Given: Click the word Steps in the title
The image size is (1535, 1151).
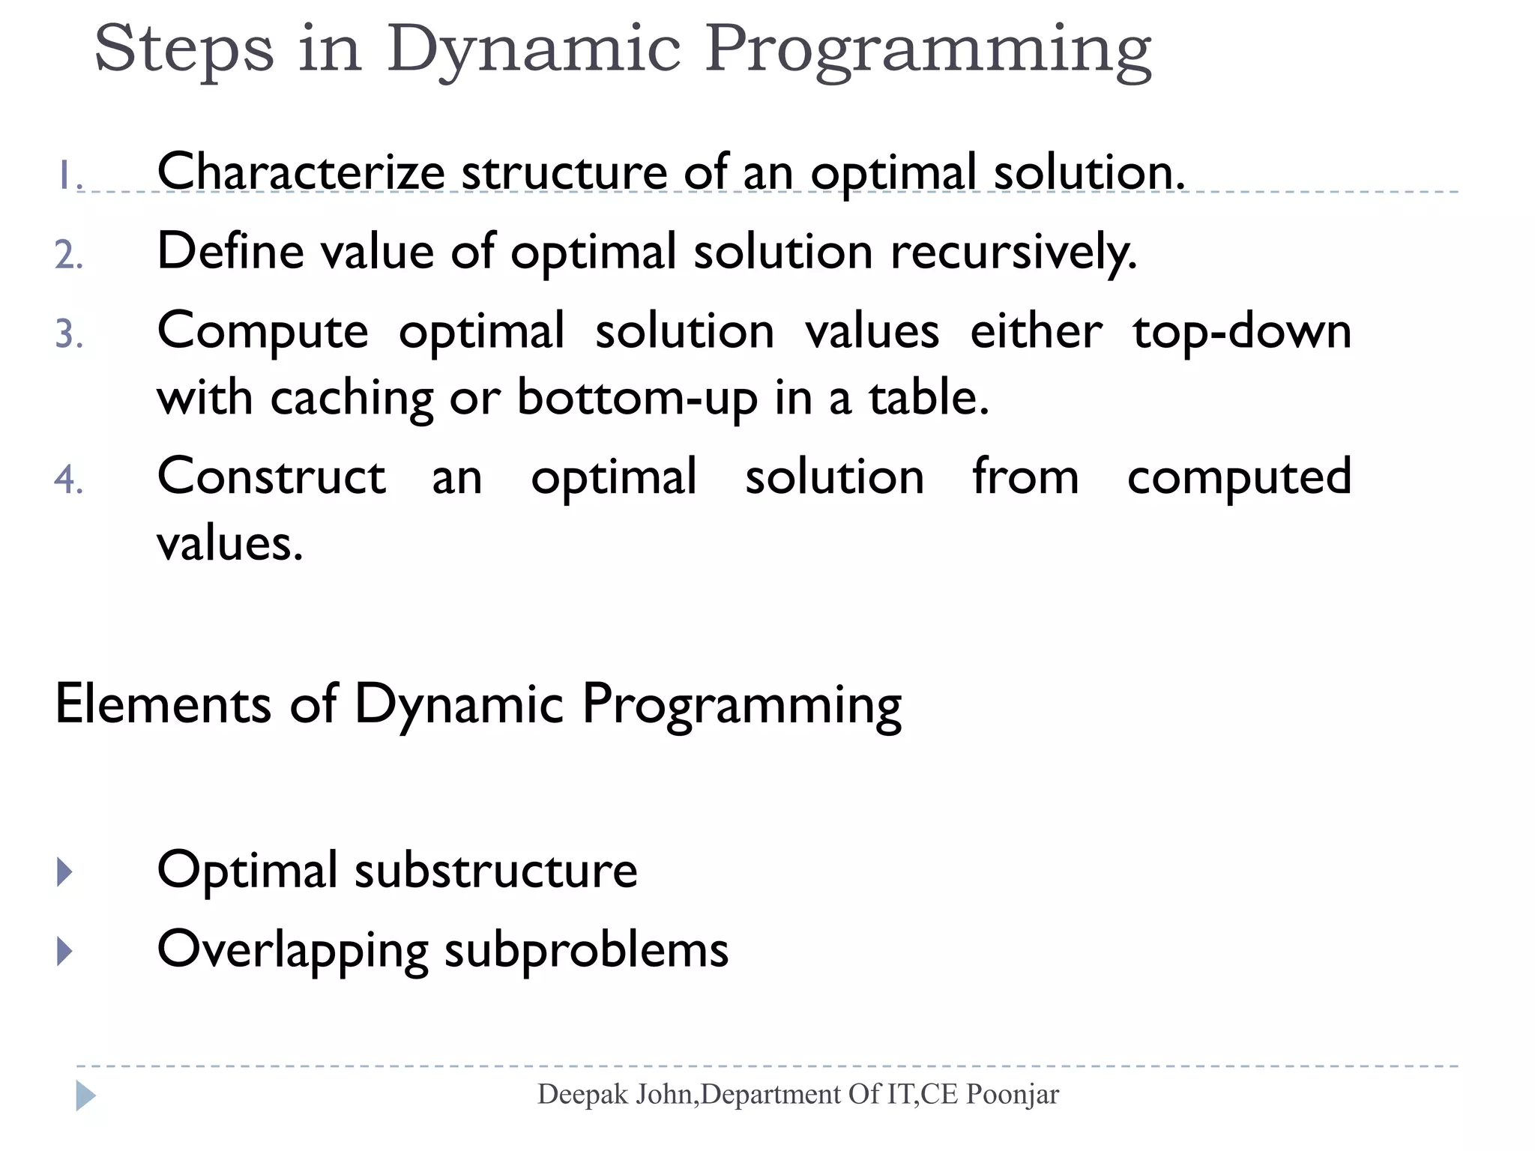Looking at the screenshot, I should coord(184,49).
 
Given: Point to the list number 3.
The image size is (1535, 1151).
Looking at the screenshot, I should coord(68,333).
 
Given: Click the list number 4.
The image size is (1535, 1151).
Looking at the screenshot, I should coord(68,480).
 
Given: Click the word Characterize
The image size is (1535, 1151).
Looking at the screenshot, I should coord(301,172).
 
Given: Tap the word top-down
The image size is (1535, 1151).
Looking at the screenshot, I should coord(1241,330).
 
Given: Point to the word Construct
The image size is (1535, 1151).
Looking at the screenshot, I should coord(271,477).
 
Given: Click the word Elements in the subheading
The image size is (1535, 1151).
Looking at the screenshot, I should coord(163,704).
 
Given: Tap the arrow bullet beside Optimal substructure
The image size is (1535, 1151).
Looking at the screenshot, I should coord(65,871).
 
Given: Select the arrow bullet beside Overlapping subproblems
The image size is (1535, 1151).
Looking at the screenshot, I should coord(65,951).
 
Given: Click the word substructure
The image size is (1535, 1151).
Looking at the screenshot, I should coord(495,871).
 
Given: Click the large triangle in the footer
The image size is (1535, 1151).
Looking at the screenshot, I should coord(85,1096).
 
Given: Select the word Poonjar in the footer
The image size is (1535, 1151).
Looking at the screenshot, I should coord(1012,1095).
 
